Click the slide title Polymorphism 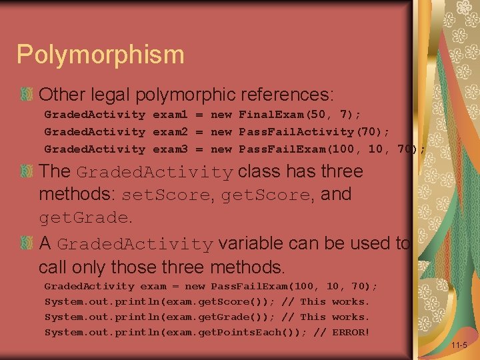pyautogui.click(x=100, y=54)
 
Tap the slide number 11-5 pyautogui.click(x=459, y=346)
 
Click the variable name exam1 pyautogui.click(x=170, y=115)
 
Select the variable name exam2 pyautogui.click(x=170, y=132)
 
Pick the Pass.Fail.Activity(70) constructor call pyautogui.click(x=314, y=132)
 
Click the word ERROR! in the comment pyautogui.click(x=351, y=332)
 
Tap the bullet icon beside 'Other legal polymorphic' pyautogui.click(x=26, y=94)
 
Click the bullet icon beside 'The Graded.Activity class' pyautogui.click(x=26, y=171)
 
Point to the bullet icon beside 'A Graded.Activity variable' pyautogui.click(x=26, y=244)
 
